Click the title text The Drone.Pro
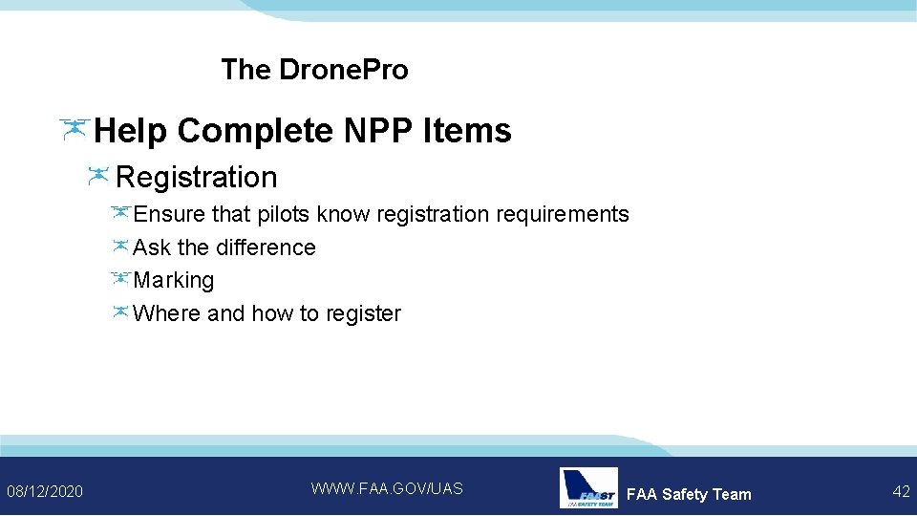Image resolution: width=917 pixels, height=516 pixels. tap(314, 70)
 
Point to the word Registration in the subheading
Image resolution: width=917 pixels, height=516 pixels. tap(196, 177)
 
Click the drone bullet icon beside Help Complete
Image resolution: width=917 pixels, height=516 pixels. tap(74, 129)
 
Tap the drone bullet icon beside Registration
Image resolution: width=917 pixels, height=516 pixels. tap(98, 176)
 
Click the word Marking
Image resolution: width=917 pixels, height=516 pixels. tap(174, 280)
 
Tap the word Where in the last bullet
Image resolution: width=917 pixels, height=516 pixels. tap(167, 313)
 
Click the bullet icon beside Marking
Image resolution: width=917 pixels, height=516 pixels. tap(119, 279)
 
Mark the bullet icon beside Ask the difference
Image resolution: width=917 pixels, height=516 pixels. tap(119, 247)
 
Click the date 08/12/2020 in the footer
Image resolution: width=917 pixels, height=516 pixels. tap(45, 491)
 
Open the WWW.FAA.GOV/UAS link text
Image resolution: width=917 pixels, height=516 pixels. tap(387, 488)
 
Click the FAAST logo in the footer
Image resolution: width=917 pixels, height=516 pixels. tap(588, 488)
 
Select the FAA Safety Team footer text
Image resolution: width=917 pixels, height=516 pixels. tap(689, 494)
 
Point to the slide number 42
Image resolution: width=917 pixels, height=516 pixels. tap(900, 491)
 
